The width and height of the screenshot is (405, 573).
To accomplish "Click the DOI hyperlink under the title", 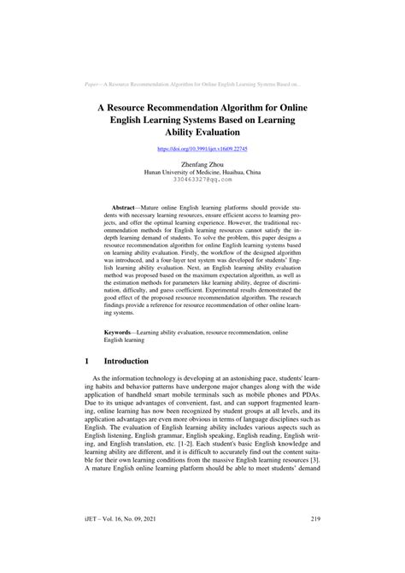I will point(202,148).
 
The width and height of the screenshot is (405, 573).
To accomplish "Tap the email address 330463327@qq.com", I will point(202,180).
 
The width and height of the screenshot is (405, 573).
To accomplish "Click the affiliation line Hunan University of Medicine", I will point(202,171).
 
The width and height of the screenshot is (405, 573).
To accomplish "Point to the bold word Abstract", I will point(129,208).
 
